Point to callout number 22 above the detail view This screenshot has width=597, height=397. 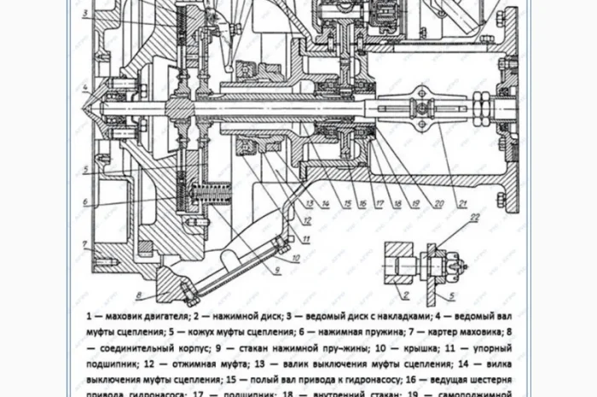coord(474,219)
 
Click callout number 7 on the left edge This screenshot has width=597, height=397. coord(85,244)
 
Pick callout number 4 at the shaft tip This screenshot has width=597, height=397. coord(85,88)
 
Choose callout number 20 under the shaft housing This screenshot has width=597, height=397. coord(437,202)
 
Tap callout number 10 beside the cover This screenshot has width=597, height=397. coord(293,256)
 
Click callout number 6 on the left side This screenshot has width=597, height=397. coord(85,202)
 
